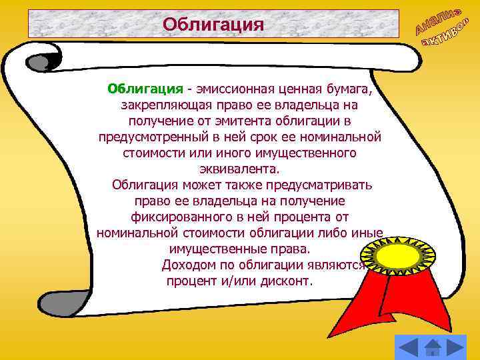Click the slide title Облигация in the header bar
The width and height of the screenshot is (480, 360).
[x=213, y=25]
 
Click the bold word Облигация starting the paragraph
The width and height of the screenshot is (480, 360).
[x=146, y=89]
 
